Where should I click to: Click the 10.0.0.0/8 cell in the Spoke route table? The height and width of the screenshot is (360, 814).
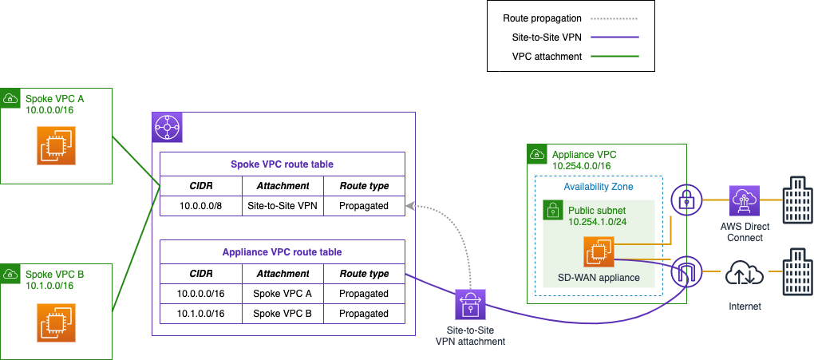[x=201, y=205]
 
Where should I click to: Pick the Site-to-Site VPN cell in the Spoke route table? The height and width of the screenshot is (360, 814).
[x=283, y=205]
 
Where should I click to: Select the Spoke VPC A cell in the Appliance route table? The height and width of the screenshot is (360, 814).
[x=283, y=293]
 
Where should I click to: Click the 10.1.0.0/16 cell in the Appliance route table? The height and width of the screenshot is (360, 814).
[x=201, y=314]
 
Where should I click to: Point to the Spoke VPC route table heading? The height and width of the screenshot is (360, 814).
[x=282, y=164]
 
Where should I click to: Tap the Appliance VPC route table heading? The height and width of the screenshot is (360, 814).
[x=282, y=251]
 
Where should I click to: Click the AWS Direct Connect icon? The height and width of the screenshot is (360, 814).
[x=744, y=201]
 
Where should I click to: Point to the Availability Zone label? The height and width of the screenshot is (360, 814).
[x=599, y=186]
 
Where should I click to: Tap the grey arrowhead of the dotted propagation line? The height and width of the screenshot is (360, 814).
[x=410, y=207]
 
